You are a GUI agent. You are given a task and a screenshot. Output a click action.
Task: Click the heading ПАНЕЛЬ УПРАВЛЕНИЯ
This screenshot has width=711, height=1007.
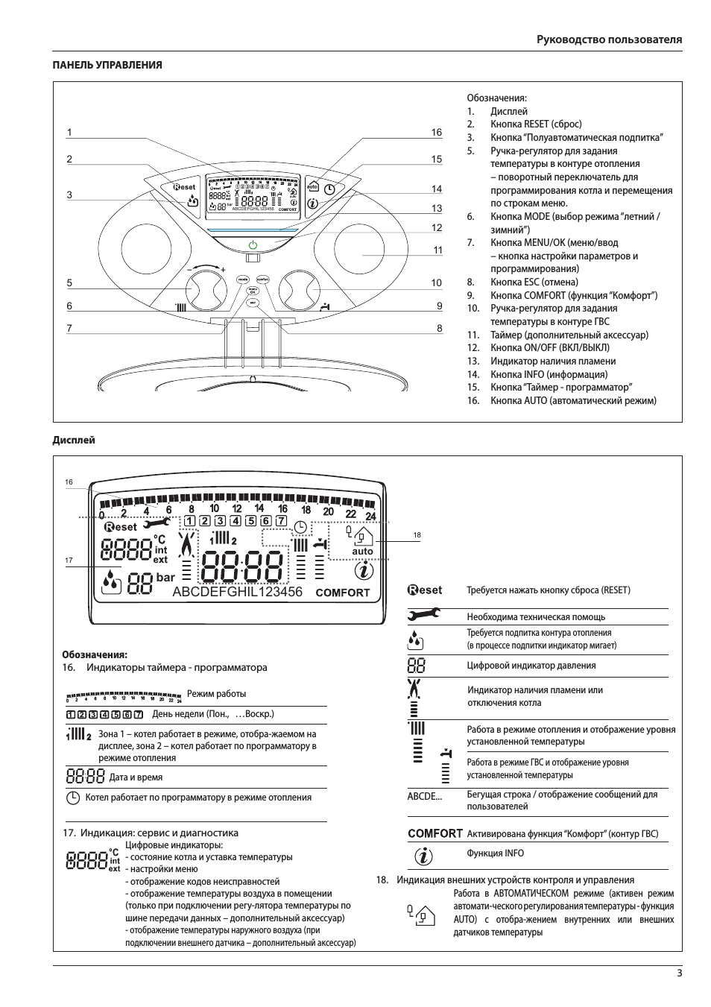(x=107, y=65)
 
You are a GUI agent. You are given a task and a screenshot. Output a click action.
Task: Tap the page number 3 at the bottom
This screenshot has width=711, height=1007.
(x=679, y=972)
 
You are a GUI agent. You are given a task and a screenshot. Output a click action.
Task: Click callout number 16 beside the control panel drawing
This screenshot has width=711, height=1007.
(x=437, y=133)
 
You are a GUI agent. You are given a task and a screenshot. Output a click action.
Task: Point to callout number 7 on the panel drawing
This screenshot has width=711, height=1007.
(x=69, y=328)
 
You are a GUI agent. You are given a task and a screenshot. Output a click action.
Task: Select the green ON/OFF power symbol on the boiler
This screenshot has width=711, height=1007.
(x=253, y=244)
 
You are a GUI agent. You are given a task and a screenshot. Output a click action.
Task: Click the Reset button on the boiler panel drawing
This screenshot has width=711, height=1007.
(x=183, y=187)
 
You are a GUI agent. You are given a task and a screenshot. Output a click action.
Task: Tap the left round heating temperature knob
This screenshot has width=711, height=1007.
(x=202, y=288)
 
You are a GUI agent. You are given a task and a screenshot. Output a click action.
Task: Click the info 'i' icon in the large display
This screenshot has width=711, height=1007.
(x=364, y=572)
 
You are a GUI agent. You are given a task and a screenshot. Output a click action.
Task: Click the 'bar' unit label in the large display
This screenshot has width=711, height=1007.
(x=165, y=578)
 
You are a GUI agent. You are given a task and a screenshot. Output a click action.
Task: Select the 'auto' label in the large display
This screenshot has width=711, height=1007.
(x=363, y=552)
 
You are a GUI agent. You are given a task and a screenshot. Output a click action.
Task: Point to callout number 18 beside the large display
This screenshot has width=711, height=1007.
(x=417, y=535)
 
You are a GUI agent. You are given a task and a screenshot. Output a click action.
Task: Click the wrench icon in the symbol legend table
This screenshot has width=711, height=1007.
(x=423, y=615)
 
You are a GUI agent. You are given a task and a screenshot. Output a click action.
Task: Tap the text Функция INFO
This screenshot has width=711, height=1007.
(x=495, y=853)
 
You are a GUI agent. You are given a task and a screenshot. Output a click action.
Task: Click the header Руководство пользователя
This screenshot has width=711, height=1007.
(x=609, y=40)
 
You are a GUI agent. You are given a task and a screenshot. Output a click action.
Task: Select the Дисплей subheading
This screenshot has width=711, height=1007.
(x=74, y=440)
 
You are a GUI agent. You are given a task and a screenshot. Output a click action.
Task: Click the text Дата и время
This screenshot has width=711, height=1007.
(x=136, y=777)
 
